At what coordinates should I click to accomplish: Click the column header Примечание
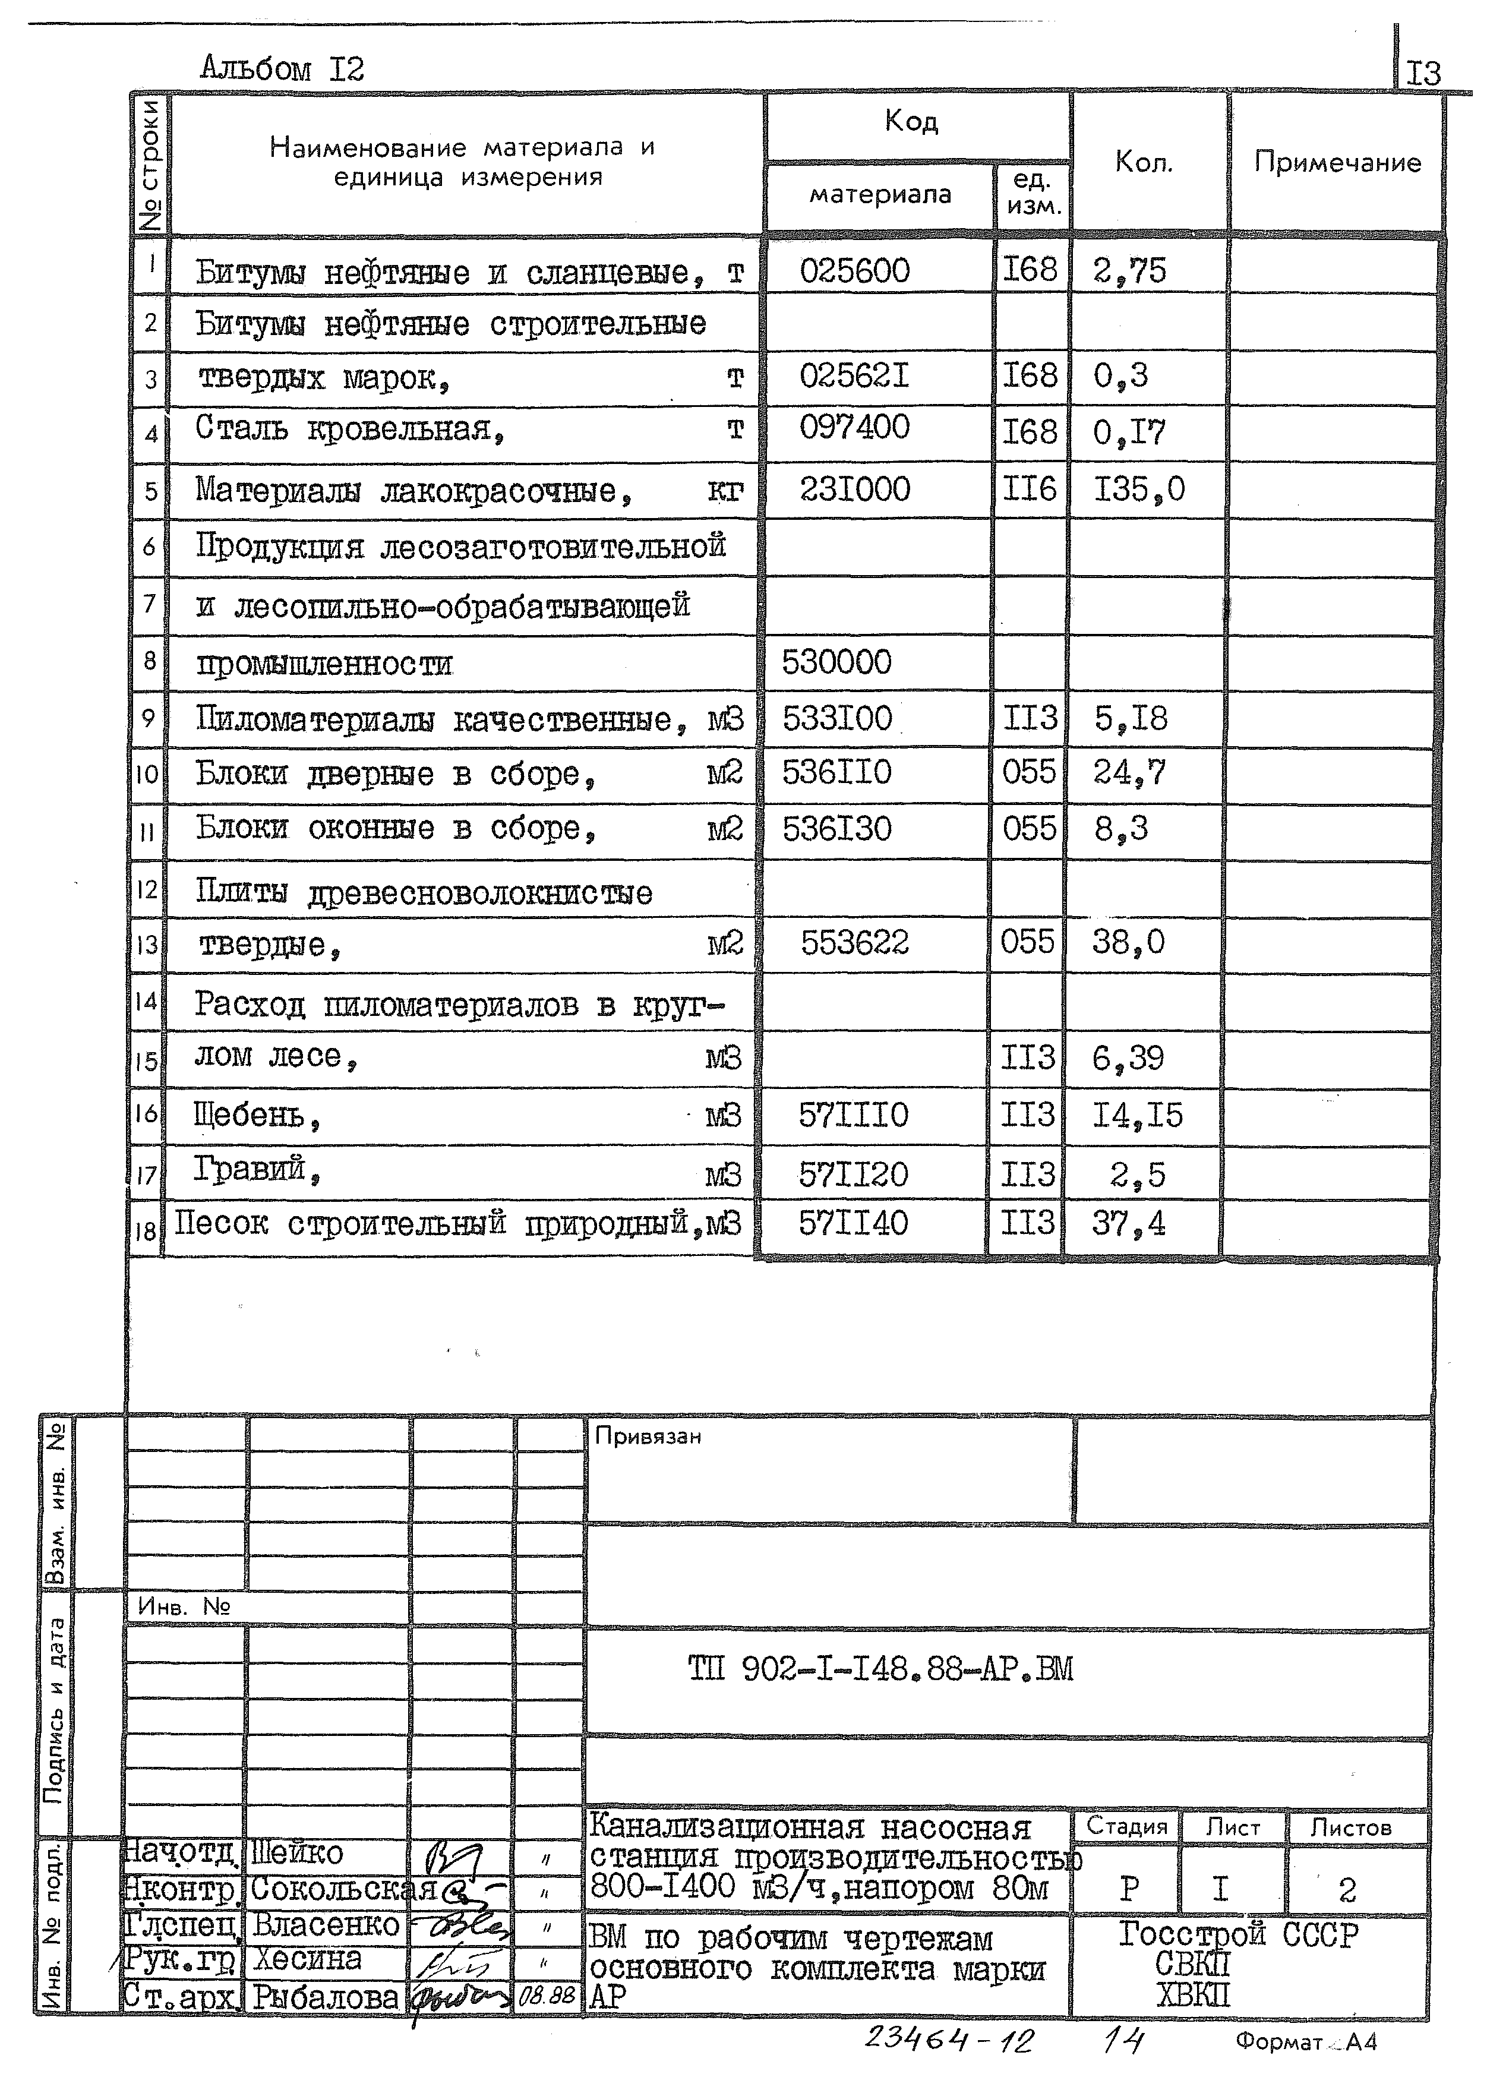tap(1337, 163)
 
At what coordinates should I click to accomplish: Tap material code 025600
tap(854, 271)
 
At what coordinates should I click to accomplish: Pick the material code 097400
tap(854, 428)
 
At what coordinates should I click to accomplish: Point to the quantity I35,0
tap(1139, 490)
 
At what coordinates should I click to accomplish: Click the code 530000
tap(836, 662)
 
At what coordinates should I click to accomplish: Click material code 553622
tap(854, 942)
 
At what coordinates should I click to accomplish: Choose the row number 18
tap(146, 1230)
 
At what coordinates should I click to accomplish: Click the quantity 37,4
tap(1128, 1223)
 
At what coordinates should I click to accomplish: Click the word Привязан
tap(648, 1437)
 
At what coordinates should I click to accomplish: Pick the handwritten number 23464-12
tap(949, 2040)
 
